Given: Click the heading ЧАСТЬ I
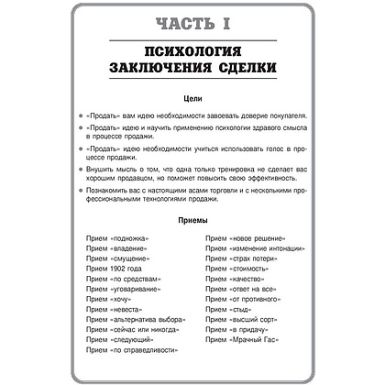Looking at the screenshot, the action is [x=192, y=21].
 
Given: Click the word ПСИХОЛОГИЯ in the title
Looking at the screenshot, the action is [x=192, y=51].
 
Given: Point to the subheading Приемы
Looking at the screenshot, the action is [x=192, y=220].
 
